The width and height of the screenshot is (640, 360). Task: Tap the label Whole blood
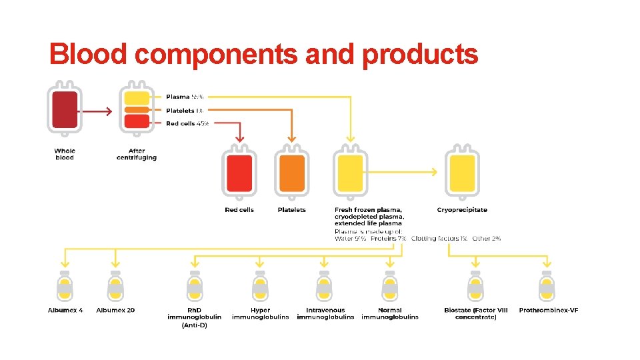click(65, 154)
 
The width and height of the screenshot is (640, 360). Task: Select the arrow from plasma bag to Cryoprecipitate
click(403, 172)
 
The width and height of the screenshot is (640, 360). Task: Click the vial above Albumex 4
click(65, 287)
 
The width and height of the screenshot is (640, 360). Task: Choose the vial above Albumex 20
click(115, 287)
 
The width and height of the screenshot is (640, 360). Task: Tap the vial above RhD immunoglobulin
click(194, 287)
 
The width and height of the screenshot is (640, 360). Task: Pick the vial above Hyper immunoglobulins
click(260, 287)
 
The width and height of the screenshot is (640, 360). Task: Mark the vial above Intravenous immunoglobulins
click(325, 287)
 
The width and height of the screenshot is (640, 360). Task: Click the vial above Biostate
click(475, 287)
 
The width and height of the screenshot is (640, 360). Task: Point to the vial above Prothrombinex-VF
click(547, 287)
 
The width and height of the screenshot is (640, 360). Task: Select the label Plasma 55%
click(185, 97)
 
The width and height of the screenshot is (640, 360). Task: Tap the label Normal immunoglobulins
click(390, 313)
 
